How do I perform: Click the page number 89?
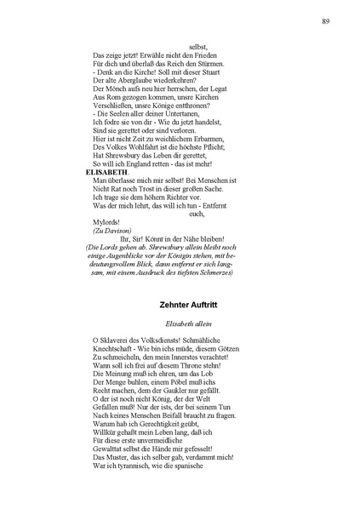pyautogui.click(x=326, y=20)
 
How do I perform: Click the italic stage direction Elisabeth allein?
pyautogui.click(x=190, y=323)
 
